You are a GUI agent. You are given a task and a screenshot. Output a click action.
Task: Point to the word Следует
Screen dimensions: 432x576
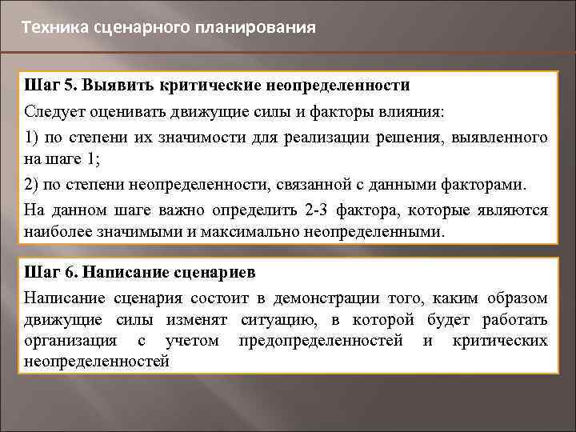pos(54,110)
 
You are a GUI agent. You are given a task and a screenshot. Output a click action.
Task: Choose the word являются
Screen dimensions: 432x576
pos(514,210)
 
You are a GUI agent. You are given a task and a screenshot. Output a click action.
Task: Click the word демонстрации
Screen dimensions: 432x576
pos(321,298)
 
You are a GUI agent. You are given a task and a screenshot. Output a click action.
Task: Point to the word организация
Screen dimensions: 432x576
pos(68,341)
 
